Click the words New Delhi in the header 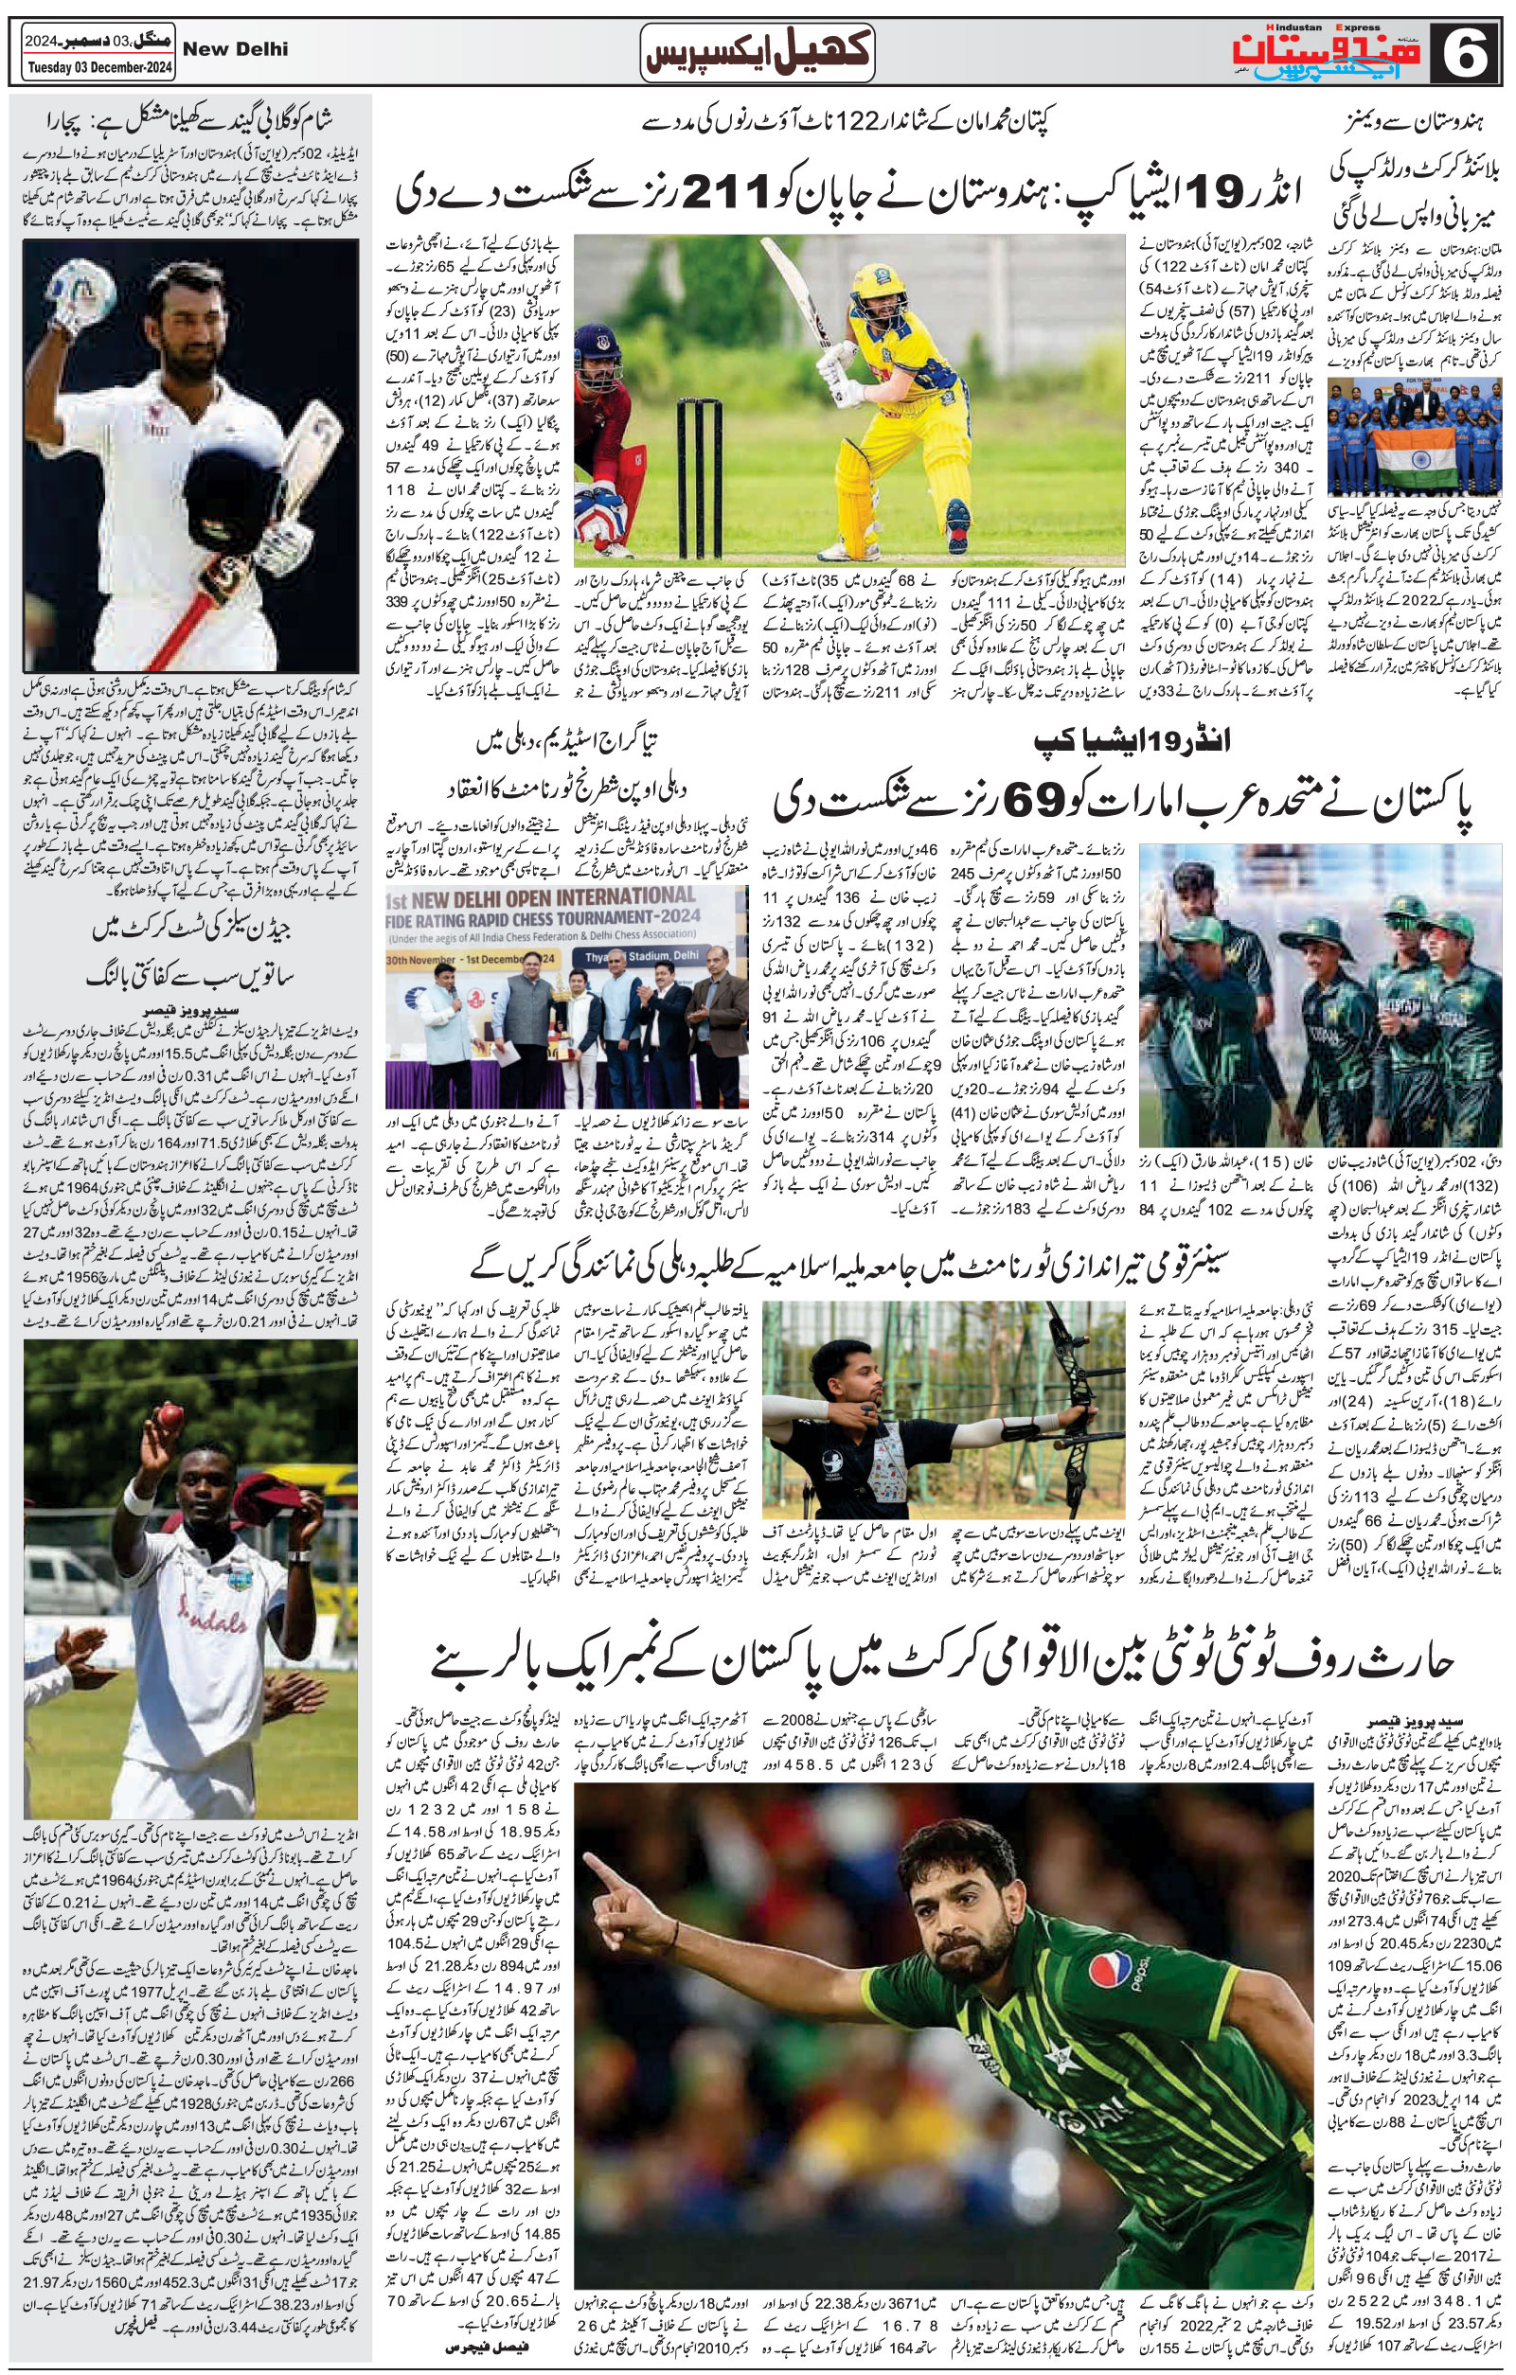click(x=236, y=48)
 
